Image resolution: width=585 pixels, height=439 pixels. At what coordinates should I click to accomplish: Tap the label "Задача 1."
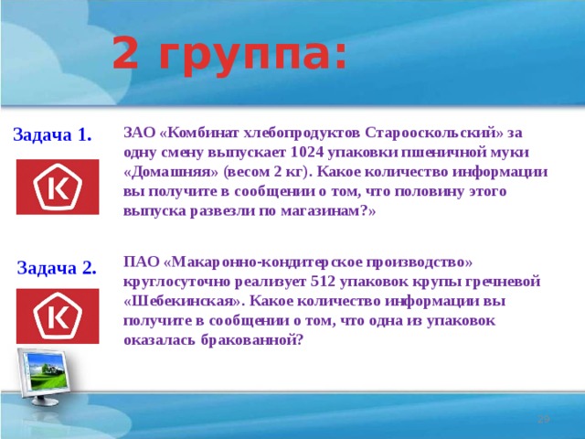tap(52, 135)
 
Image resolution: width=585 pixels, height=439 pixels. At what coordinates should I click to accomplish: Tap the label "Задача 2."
tap(57, 268)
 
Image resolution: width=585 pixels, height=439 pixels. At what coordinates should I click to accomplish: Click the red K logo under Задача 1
tap(58, 188)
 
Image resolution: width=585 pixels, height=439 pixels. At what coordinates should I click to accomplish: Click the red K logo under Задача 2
tap(58, 316)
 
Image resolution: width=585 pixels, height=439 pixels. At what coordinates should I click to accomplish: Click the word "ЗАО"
tap(138, 132)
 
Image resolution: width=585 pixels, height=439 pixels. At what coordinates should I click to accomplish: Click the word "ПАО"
tap(139, 261)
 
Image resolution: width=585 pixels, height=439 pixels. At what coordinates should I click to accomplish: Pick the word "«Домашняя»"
tap(167, 172)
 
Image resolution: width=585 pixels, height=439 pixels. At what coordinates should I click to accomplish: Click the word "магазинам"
tap(325, 211)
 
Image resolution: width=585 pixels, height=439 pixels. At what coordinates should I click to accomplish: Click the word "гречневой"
tap(505, 281)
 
